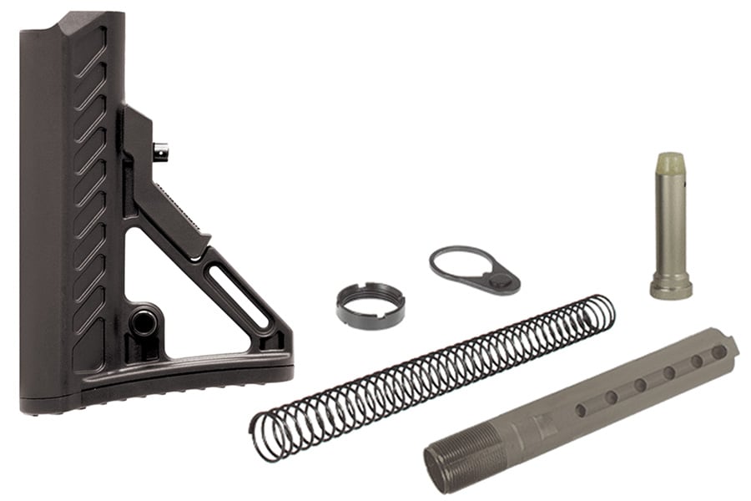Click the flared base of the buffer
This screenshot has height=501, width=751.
[671, 288]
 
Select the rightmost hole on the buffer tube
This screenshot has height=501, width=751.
[718, 352]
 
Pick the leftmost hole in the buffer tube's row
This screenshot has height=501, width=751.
[581, 410]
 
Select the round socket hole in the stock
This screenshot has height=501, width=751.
[144, 321]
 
